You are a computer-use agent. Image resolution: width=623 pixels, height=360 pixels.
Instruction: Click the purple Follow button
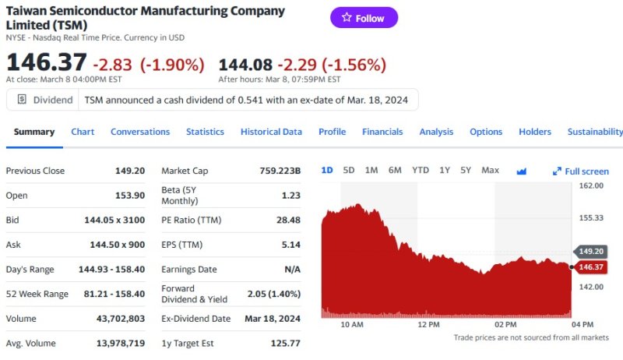tap(364, 18)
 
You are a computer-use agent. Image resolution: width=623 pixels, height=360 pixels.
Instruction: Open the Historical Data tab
tap(271, 132)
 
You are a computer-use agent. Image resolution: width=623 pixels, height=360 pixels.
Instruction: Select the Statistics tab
tap(205, 132)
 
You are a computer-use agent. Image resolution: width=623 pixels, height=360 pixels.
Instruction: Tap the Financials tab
tap(382, 132)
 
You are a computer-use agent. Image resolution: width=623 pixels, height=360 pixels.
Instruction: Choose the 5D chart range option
tap(349, 170)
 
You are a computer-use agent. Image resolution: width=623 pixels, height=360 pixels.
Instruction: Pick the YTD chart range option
tap(420, 170)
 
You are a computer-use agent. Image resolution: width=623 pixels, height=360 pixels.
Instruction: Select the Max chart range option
tap(490, 170)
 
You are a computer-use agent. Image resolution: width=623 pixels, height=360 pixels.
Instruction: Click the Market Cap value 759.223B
tap(280, 171)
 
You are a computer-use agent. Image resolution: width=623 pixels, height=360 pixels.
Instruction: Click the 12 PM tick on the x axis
tap(428, 324)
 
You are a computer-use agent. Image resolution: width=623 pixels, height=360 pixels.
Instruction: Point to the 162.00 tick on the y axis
tap(593, 185)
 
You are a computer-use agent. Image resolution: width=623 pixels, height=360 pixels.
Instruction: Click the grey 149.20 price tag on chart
tap(591, 252)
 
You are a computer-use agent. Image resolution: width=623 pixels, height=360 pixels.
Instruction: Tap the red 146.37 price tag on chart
tap(591, 267)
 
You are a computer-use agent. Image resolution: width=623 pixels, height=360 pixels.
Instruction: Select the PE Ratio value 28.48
tap(288, 220)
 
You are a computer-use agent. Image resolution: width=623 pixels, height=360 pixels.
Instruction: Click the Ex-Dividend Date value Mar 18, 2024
tap(272, 318)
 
